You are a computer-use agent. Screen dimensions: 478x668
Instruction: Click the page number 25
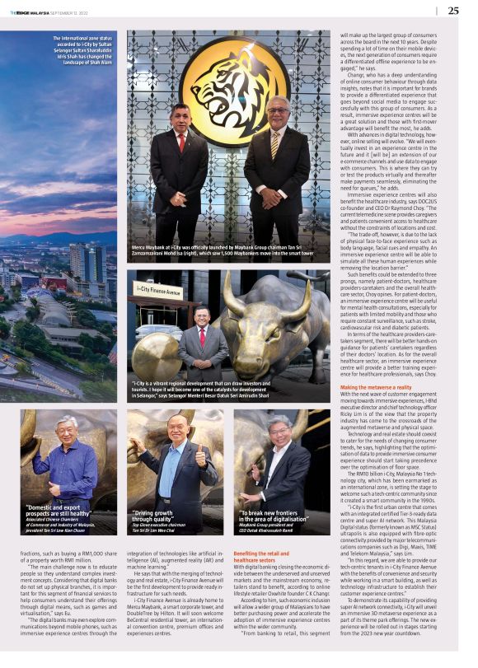pos(454,11)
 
